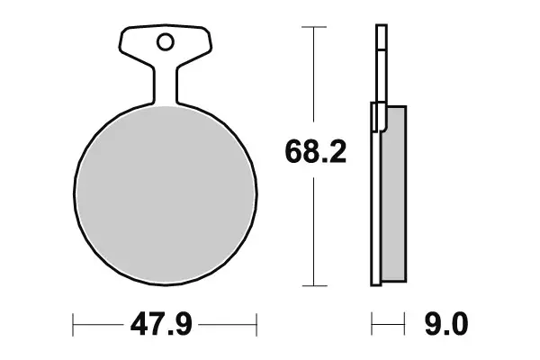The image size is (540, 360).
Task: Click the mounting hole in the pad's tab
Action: pyautogui.click(x=165, y=41)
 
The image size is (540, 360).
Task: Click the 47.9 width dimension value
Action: pyautogui.click(x=165, y=321)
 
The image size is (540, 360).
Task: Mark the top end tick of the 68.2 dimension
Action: pyautogui.click(x=312, y=28)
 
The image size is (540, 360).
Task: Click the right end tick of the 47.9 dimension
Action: pyautogui.click(x=257, y=321)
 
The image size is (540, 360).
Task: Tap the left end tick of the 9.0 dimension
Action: pyautogui.click(x=373, y=321)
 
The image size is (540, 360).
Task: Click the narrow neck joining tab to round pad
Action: pyautogui.click(x=165, y=86)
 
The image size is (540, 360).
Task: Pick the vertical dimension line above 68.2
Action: pyautogui.click(x=312, y=76)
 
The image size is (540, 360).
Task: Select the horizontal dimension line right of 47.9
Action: pyautogui.click(x=230, y=321)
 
